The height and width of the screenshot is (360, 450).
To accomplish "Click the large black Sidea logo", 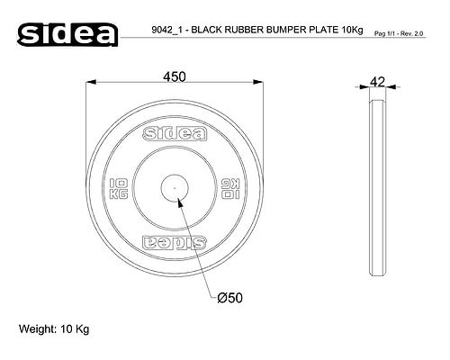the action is coord(67,34).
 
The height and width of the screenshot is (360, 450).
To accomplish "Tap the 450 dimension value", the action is coord(175,76).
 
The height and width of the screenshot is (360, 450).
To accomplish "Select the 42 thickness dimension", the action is coord(377,82).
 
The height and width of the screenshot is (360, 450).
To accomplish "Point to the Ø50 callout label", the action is coord(229,298).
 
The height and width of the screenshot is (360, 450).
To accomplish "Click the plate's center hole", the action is coord(175,188).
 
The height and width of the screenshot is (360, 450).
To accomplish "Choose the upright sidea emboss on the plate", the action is coord(175,134).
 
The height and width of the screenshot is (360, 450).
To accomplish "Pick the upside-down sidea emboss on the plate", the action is coord(175,242).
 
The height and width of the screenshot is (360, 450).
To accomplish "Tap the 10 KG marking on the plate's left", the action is coord(119,188).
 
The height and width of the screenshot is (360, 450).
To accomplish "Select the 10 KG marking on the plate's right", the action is coord(230,188).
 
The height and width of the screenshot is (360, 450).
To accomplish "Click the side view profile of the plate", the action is coord(378,187).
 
